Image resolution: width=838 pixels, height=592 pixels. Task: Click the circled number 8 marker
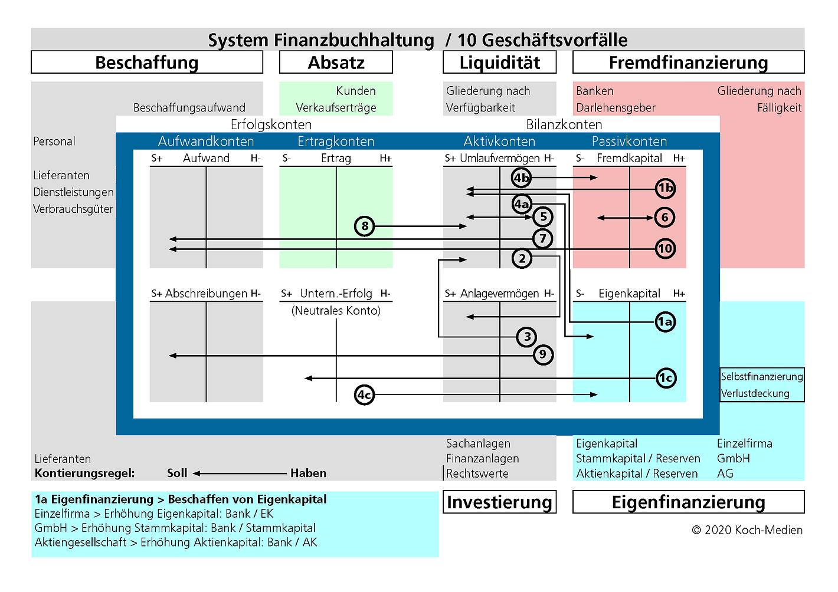(x=365, y=226)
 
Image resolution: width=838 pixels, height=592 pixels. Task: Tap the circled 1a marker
(x=665, y=322)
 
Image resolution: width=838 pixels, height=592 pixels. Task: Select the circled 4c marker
(x=365, y=395)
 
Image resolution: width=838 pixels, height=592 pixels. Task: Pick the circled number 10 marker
(x=665, y=248)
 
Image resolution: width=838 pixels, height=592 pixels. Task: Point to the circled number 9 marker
(x=543, y=355)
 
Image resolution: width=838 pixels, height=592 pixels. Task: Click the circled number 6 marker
(x=664, y=218)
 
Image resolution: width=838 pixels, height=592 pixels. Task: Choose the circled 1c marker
(x=666, y=378)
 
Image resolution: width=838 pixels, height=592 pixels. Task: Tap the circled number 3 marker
(x=527, y=337)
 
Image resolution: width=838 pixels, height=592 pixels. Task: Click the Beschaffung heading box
(x=147, y=63)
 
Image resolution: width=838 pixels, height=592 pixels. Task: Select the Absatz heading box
(x=336, y=63)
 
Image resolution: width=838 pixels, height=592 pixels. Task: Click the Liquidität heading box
(x=499, y=63)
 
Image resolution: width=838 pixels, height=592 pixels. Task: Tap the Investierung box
(x=499, y=502)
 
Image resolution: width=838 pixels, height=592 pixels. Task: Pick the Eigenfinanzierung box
(x=688, y=502)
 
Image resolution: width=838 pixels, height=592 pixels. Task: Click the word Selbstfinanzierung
(x=762, y=377)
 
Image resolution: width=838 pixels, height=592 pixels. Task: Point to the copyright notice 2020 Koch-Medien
(x=747, y=530)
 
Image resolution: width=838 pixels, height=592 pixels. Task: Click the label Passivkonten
(x=629, y=142)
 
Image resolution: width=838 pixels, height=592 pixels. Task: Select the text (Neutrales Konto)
(x=336, y=311)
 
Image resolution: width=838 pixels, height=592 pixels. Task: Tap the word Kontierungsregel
(x=85, y=473)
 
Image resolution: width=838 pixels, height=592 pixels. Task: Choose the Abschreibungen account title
(x=206, y=294)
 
